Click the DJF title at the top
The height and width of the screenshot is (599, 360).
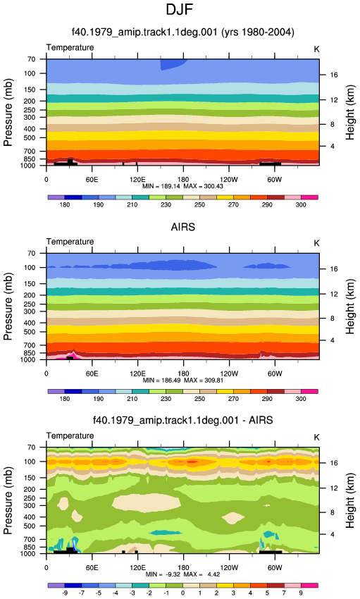click(180, 10)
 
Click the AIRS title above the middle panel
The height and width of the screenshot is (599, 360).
click(183, 228)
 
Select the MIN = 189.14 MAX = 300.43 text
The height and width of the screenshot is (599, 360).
click(183, 187)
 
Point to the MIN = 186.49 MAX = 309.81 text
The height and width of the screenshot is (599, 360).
click(183, 381)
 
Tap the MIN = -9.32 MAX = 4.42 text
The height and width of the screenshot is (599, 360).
click(183, 574)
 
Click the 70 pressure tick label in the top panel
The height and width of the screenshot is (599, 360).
click(31, 59)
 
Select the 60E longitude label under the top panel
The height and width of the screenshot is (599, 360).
click(92, 180)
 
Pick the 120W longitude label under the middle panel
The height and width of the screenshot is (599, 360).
click(229, 373)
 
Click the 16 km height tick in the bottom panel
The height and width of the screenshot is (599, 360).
click(334, 463)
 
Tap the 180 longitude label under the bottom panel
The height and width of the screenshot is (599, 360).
click(183, 568)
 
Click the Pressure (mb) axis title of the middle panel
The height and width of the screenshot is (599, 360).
click(8, 307)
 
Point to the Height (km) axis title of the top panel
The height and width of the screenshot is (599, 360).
click(350, 112)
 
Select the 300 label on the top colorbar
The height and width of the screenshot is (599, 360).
click(301, 205)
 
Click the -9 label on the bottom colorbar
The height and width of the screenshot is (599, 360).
click(65, 593)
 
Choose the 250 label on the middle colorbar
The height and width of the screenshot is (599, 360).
click(199, 399)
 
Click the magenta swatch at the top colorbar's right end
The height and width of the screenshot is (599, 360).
click(309, 197)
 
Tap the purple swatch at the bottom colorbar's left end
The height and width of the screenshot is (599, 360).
click(56, 585)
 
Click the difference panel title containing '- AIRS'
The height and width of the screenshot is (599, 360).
click(183, 421)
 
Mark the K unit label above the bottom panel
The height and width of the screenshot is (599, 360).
click(316, 438)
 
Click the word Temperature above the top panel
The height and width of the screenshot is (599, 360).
click(70, 47)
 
